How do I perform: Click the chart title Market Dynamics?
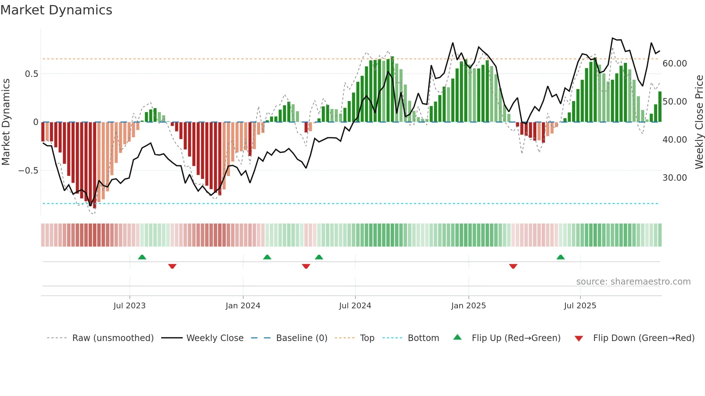pyautogui.click(x=56, y=10)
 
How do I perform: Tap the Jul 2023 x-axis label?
pyautogui.click(x=129, y=306)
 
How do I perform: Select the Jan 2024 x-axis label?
pyautogui.click(x=243, y=306)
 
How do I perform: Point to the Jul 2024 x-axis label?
pyautogui.click(x=355, y=306)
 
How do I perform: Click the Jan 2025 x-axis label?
pyautogui.click(x=468, y=306)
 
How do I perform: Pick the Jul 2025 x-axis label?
pyautogui.click(x=580, y=306)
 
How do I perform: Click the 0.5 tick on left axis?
pyautogui.click(x=31, y=74)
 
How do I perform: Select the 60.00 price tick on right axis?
pyautogui.click(x=674, y=64)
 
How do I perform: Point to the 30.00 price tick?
pyautogui.click(x=674, y=178)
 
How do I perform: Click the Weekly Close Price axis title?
pyautogui.click(x=699, y=122)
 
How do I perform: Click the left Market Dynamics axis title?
pyautogui.click(x=6, y=122)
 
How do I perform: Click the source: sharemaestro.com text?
pyautogui.click(x=633, y=282)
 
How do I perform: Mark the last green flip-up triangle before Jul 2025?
pyautogui.click(x=560, y=257)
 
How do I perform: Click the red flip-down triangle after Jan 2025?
pyautogui.click(x=513, y=266)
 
